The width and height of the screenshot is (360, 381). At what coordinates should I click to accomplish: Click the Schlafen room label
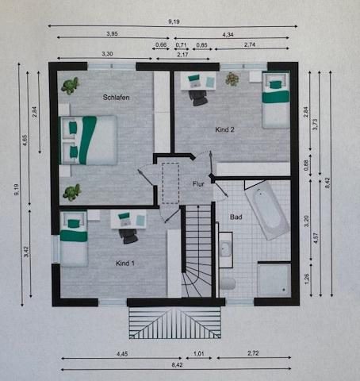[116, 98]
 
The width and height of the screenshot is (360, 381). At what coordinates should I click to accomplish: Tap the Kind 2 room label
[224, 129]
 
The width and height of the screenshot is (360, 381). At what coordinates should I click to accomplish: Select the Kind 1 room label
[125, 264]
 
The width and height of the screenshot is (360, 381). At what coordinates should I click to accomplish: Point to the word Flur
[198, 184]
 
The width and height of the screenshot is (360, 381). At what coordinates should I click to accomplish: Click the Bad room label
[236, 217]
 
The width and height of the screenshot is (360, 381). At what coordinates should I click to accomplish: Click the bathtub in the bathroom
[267, 210]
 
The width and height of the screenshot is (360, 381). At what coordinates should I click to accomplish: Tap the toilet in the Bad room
[228, 284]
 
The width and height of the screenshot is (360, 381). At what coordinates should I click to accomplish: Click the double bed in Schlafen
[88, 140]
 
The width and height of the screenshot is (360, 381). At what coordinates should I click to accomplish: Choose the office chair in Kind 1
[128, 237]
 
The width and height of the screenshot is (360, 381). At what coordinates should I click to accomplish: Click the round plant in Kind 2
[232, 79]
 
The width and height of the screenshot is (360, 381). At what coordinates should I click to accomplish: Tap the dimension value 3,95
[112, 34]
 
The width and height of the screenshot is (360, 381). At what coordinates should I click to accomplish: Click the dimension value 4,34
[228, 35]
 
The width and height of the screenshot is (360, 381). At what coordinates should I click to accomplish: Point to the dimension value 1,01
[199, 353]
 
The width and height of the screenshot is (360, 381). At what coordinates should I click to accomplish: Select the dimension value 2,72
[253, 353]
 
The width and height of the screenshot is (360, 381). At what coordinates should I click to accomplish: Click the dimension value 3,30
[107, 54]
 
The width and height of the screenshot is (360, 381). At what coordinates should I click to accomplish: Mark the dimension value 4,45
[122, 354]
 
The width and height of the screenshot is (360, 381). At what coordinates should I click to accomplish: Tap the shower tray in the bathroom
[274, 280]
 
